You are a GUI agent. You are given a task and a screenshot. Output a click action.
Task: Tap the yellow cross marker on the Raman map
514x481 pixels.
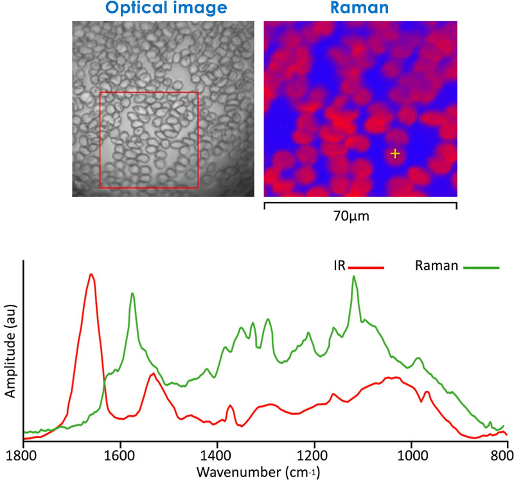coord(394,153)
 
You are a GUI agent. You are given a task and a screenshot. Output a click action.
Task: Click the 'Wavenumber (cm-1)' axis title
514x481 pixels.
coord(266,471)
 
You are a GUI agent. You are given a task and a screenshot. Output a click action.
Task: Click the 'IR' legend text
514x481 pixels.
coord(339,265)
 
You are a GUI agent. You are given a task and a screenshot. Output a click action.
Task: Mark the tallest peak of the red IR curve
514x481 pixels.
coord(91,275)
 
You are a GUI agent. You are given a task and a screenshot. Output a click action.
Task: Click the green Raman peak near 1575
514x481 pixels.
coord(132,293)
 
